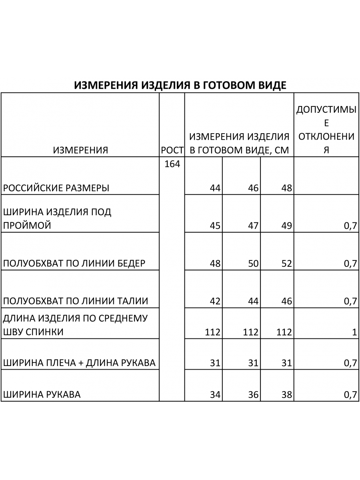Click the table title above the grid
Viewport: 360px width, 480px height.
pyautogui.click(x=180, y=85)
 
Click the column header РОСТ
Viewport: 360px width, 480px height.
pyautogui.click(x=172, y=150)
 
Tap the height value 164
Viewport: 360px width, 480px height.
pyautogui.click(x=172, y=164)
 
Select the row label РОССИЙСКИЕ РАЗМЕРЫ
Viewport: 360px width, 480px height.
pyautogui.click(x=56, y=188)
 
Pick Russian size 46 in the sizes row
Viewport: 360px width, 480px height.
pyautogui.click(x=253, y=188)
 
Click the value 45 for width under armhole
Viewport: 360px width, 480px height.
pyautogui.click(x=215, y=226)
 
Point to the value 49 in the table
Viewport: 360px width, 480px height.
pyautogui.click(x=286, y=226)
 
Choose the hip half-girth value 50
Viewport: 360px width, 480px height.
pyautogui.click(x=253, y=264)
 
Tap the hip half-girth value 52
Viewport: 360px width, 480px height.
pyautogui.click(x=286, y=264)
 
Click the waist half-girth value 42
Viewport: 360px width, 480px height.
pyautogui.click(x=215, y=301)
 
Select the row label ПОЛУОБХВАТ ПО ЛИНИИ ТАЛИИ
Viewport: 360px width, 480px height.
pyautogui.click(x=76, y=301)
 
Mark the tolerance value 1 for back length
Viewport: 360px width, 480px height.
pyautogui.click(x=354, y=332)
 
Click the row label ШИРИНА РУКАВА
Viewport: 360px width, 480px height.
pyautogui.click(x=42, y=395)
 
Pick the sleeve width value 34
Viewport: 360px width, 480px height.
pyautogui.click(x=215, y=395)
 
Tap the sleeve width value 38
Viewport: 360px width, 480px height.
pyautogui.click(x=286, y=395)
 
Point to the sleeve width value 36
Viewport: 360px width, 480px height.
pyautogui.click(x=253, y=395)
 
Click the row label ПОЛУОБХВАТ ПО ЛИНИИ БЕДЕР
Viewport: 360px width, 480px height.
pyautogui.click(x=74, y=264)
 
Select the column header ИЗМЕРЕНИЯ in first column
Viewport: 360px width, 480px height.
pyautogui.click(x=80, y=150)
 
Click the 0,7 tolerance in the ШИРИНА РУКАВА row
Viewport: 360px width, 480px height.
pyautogui.click(x=350, y=395)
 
